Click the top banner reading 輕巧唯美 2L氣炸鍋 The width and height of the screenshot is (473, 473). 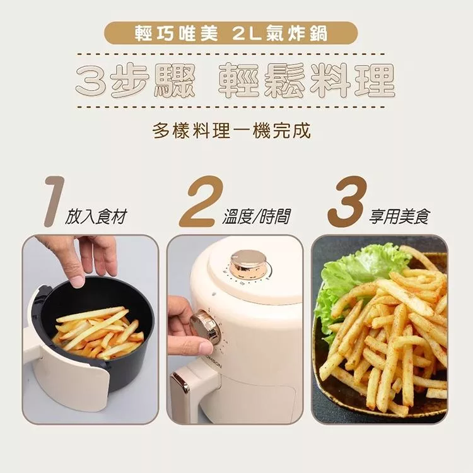click(231, 33)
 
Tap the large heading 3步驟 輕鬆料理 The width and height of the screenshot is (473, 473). click(235, 81)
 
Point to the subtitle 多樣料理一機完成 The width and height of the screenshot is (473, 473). click(231, 131)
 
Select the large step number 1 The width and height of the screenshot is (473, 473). click(55, 202)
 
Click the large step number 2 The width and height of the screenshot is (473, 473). click(201, 202)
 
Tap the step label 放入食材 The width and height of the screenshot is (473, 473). click(96, 216)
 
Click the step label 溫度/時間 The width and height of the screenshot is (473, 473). click(257, 216)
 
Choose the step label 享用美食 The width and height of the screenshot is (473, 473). click(399, 216)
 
